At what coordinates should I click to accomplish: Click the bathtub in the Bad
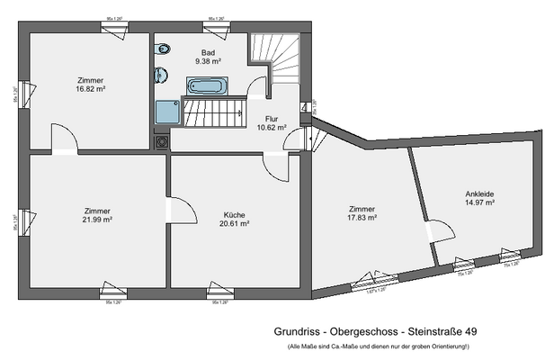click(207, 85)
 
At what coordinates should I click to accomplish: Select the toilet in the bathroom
click(162, 74)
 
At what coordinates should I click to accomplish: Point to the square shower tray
click(166, 112)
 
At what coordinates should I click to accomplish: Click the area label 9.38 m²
click(209, 62)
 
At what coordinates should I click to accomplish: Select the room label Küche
click(234, 215)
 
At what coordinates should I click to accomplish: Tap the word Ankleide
click(479, 193)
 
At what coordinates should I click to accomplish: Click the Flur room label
click(271, 118)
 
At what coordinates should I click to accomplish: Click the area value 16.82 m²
click(91, 89)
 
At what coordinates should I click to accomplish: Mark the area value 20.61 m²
click(234, 224)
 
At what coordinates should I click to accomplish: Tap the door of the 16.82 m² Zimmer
click(65, 139)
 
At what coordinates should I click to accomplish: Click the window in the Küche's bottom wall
click(216, 290)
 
